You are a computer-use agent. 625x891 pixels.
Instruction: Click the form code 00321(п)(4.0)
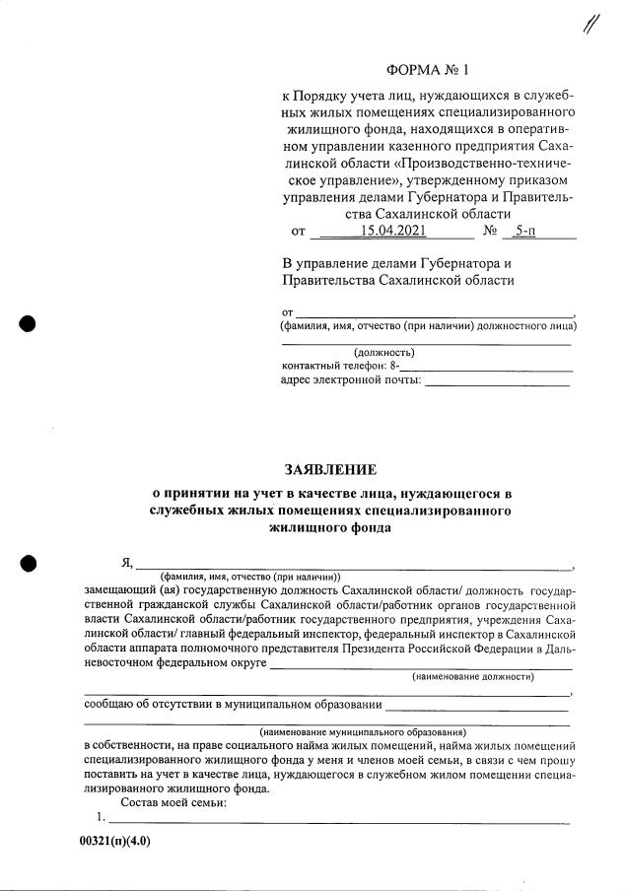click(116, 843)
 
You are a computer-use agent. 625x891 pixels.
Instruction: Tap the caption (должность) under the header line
click(384, 352)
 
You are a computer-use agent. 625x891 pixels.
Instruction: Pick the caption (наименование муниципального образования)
click(363, 732)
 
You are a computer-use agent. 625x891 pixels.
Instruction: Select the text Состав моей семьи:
click(173, 803)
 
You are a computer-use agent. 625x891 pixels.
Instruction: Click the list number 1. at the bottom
click(101, 818)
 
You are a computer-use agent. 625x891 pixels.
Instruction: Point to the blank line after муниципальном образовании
click(476, 707)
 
